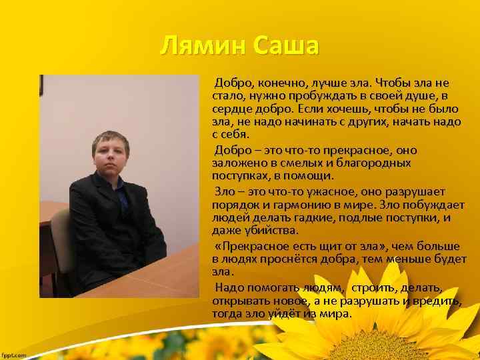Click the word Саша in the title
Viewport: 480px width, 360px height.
pyautogui.click(x=285, y=47)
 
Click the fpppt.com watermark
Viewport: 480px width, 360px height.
pyautogui.click(x=13, y=355)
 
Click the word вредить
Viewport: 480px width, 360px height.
pyautogui.click(x=437, y=301)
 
